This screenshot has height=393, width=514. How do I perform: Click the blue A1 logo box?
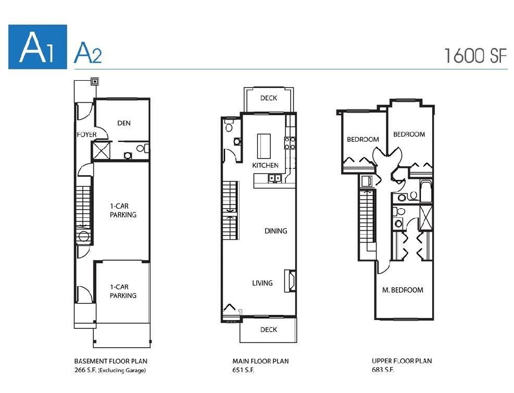(37, 47)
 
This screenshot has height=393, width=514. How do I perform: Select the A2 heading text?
(87, 53)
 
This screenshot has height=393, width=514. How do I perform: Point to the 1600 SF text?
(475, 55)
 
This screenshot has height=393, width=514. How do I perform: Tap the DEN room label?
(124, 124)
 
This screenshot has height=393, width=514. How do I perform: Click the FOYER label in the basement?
(86, 134)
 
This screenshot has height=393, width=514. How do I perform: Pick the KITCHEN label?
(265, 165)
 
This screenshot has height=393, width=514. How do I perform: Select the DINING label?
(275, 231)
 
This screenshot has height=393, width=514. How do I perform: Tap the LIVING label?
(262, 283)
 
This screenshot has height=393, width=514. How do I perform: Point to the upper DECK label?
(269, 98)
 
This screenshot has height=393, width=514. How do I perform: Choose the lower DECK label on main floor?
(269, 329)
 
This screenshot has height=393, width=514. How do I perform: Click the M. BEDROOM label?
(403, 290)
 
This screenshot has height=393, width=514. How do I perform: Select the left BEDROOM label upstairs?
(363, 139)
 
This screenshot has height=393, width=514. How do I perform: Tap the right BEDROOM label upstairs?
(409, 134)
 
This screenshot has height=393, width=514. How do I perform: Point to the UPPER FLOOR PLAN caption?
(402, 361)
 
